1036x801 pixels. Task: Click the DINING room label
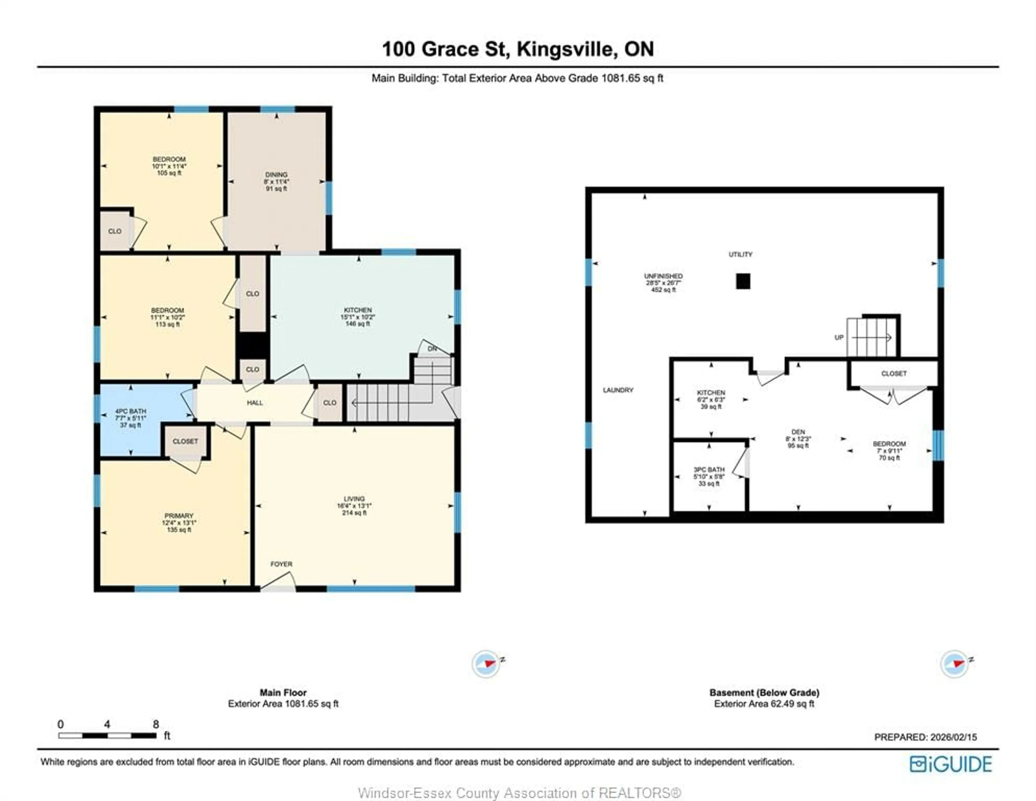[x=276, y=174]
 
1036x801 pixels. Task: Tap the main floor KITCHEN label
[x=358, y=310]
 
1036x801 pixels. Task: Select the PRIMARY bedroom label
[x=179, y=515]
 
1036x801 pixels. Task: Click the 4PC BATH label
[x=131, y=411]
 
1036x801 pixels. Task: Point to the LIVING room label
[x=354, y=498]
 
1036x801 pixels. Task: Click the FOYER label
[x=281, y=564]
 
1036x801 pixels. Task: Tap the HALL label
[x=255, y=403]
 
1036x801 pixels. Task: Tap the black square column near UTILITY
[x=743, y=281]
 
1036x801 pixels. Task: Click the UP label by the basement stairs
[x=839, y=337]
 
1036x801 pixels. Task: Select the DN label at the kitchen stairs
[x=432, y=348]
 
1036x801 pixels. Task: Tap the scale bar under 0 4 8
[x=107, y=735]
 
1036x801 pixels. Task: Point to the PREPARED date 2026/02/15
[x=925, y=737]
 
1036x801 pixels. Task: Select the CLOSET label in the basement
[x=894, y=373]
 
